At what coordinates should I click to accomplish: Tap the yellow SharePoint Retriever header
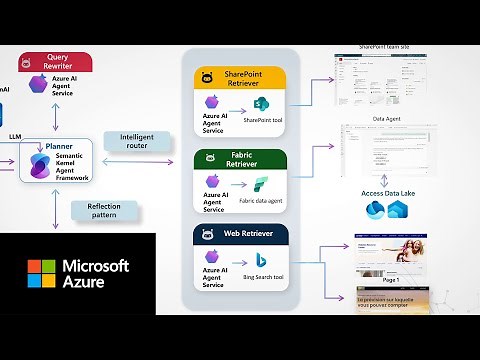pos(244,77)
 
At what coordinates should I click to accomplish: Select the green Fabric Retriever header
pos(244,158)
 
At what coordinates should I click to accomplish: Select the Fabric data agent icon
pos(262,184)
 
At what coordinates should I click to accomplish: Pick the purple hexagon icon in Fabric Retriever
pos(211,181)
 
